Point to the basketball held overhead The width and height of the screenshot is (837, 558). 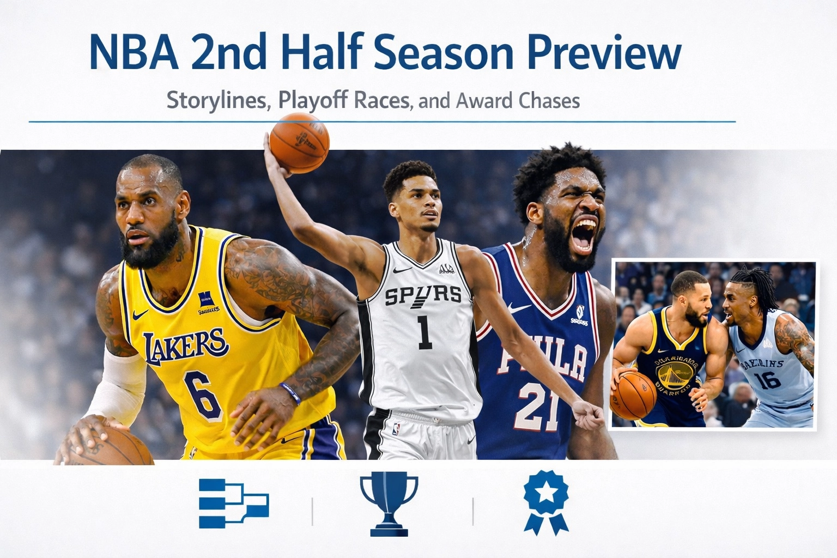299,143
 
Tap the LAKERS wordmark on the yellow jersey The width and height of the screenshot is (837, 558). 185,344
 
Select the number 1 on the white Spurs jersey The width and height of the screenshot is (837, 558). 424,332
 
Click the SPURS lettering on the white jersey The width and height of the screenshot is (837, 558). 423,296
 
